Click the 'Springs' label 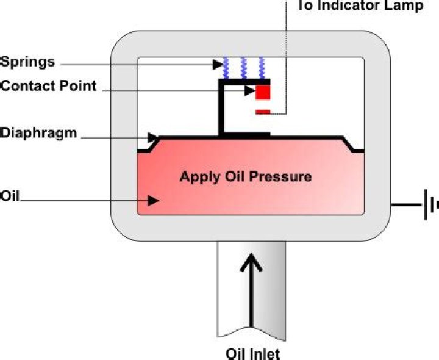pyautogui.click(x=27, y=62)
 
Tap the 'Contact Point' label pyautogui.click(x=48, y=85)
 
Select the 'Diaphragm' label pyautogui.click(x=39, y=132)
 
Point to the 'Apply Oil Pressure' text pyautogui.click(x=245, y=177)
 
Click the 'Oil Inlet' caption pyautogui.click(x=253, y=353)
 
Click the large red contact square pyautogui.click(x=263, y=92)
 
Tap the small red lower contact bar pyautogui.click(x=263, y=111)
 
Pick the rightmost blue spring pyautogui.click(x=262, y=68)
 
